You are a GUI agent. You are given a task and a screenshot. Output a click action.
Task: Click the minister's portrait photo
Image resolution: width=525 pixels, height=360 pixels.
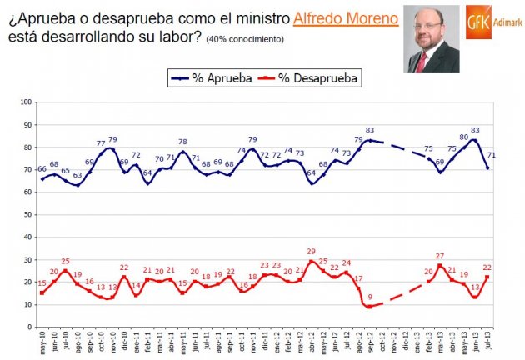(432, 38)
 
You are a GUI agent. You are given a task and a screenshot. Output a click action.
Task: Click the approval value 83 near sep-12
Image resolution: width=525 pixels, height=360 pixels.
(369, 130)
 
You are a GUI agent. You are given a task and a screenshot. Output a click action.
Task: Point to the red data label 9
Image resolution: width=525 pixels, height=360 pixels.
(370, 295)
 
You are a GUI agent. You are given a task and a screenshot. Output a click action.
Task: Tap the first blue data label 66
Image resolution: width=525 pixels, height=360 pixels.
(42, 169)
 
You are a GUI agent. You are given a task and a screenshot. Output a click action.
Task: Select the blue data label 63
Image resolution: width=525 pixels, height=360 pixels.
(77, 175)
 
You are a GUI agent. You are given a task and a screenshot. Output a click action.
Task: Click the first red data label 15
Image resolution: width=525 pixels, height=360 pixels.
(42, 282)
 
